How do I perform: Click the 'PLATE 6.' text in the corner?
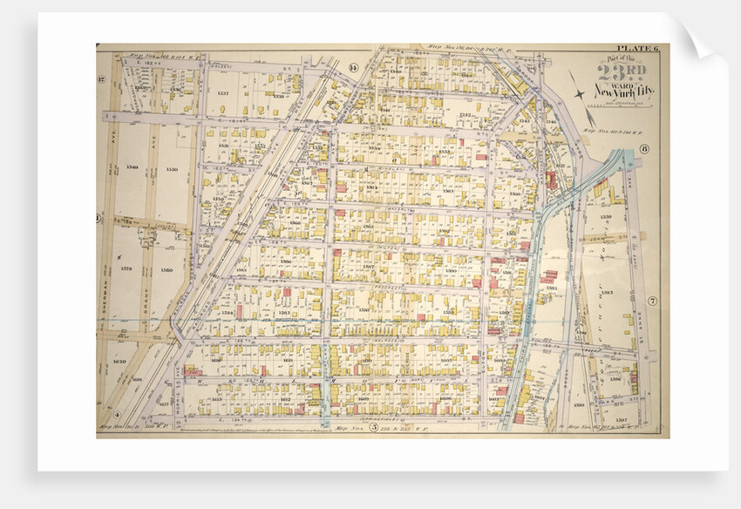pos(640,49)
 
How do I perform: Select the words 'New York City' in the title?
pos(621,90)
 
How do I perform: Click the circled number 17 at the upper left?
pos(102,80)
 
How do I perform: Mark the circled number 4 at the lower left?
pos(116,416)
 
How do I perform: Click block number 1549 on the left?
pos(132,167)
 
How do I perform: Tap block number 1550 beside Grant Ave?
pos(172,168)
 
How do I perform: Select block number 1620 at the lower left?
pos(119,360)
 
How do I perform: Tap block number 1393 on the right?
pos(608,292)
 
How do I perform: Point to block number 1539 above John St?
pos(605,216)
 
